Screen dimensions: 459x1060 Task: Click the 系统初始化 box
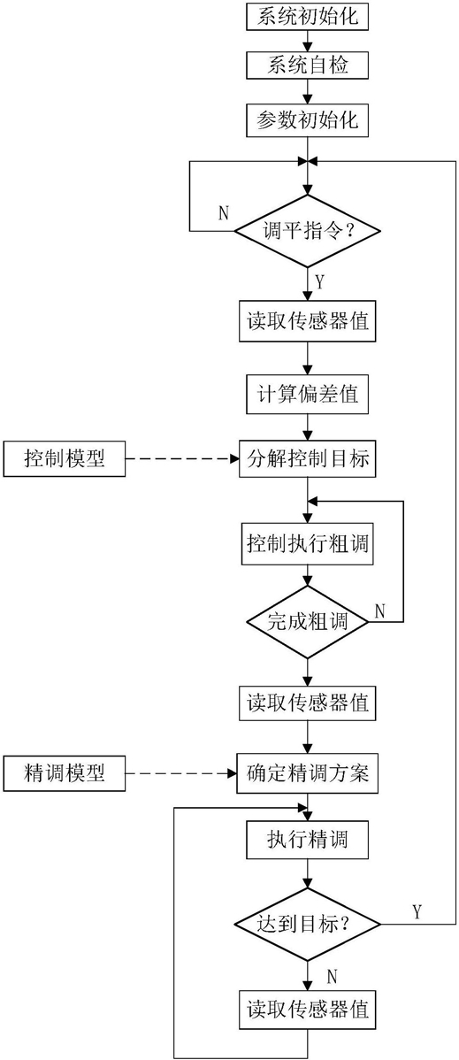click(x=308, y=16)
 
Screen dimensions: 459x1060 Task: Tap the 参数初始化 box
click(x=308, y=123)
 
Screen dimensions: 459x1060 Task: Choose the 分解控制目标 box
click(x=308, y=459)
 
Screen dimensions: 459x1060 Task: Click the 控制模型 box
click(x=65, y=459)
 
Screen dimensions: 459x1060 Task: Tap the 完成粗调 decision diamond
click(x=308, y=620)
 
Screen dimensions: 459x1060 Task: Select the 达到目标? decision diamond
click(x=308, y=922)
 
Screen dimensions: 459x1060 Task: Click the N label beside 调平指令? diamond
click(x=223, y=213)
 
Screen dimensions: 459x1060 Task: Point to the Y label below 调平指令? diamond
click(x=320, y=280)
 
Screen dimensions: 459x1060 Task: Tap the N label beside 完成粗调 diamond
click(x=380, y=611)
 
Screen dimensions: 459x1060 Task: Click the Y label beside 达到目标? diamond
click(x=417, y=912)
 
